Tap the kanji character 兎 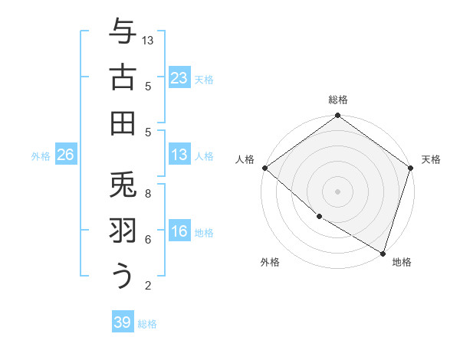tap(123, 185)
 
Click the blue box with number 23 tap(179, 78)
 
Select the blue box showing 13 tap(179, 155)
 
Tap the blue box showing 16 tap(179, 231)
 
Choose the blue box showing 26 tap(65, 155)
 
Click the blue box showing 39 tap(122, 322)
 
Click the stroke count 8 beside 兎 tap(148, 193)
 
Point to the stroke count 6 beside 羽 tap(148, 239)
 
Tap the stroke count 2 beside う tap(148, 286)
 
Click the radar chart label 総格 tap(338, 100)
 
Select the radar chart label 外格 tap(270, 263)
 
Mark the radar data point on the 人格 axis tap(264, 168)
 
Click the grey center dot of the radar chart tap(338, 191)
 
